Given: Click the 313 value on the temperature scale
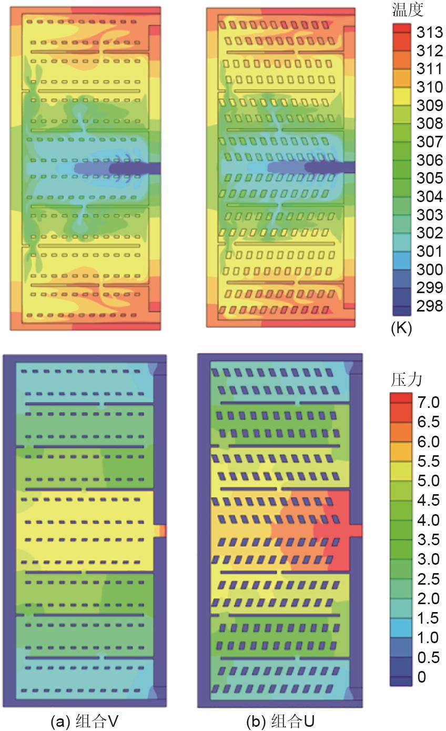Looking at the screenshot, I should pos(429,33).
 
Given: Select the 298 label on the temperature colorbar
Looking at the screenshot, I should pos(429,306).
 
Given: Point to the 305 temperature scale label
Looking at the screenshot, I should pos(429,178).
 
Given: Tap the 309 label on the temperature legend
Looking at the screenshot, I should pos(429,105).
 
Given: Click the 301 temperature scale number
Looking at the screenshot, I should pos(429,251).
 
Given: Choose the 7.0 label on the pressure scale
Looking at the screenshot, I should pos(429,403).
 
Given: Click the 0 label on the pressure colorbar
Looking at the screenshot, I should pos(421,677).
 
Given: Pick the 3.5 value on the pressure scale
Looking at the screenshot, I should pos(429,539).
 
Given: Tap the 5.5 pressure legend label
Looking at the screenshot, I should pos(429,462).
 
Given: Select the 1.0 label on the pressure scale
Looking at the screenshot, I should pos(429,638).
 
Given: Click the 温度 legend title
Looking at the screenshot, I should pos(408,9).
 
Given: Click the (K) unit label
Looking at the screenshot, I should pos(401,328).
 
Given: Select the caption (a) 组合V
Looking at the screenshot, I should pos(84,721).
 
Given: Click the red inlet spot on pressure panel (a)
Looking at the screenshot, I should pos(163,530).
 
